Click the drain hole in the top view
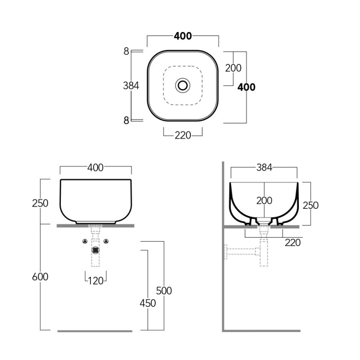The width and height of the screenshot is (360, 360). tap(183, 85)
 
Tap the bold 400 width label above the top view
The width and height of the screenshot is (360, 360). tap(183, 36)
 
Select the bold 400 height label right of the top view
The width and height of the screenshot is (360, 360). tap(246, 87)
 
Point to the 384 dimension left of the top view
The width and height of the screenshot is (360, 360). tap(131, 86)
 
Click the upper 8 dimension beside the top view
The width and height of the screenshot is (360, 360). tap(126, 51)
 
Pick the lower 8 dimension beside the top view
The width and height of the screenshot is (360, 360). tap(126, 121)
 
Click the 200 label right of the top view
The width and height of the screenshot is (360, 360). tap(233, 68)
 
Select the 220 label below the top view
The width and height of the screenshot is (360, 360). tap(183, 135)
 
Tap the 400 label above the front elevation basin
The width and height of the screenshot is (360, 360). tap(95, 168)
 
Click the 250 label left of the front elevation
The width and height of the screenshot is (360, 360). tap(40, 203)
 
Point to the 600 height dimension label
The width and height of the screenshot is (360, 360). tap(40, 277)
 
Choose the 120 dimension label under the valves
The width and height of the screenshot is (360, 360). tap(96, 281)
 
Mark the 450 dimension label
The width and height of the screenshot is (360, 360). tap(148, 303)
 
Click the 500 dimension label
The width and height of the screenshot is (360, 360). tap(164, 291)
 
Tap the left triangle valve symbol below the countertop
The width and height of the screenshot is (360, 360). tap(85, 241)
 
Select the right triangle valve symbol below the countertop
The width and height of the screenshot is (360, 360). tap(106, 241)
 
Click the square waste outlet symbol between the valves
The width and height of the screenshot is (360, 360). tap(95, 250)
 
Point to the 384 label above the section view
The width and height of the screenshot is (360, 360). tap(264, 168)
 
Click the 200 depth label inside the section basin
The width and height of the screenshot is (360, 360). tap(264, 201)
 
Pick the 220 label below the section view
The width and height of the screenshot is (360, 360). tap(293, 243)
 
